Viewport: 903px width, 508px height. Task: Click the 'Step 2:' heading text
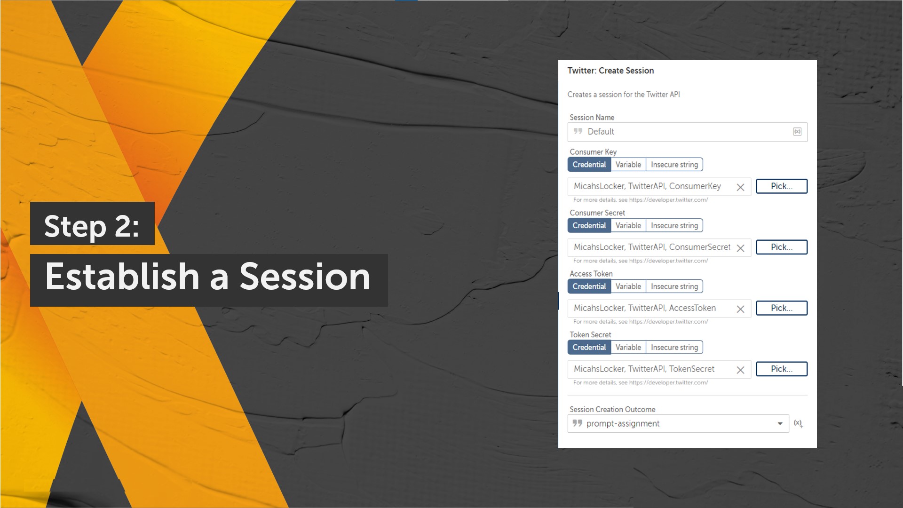pos(92,226)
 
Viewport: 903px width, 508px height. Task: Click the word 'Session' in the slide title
pos(305,277)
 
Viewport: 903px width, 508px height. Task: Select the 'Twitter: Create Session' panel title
pos(610,71)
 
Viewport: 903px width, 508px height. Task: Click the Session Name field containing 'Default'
pos(687,132)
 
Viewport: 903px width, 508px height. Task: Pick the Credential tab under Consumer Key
pos(589,165)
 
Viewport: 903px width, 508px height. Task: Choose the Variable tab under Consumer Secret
pos(628,225)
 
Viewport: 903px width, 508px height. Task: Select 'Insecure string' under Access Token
pos(674,286)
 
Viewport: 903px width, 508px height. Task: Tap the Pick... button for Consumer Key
pos(782,186)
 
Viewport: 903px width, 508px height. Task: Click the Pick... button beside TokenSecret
pos(782,369)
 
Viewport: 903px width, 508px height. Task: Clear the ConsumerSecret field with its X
pos(740,248)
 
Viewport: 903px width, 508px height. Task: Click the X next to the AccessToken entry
pos(740,309)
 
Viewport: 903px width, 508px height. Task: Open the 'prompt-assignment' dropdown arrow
pos(780,424)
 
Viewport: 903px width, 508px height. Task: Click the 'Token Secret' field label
pos(590,335)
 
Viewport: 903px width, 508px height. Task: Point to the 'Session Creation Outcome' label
pos(612,410)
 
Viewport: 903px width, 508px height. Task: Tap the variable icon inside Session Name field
pos(797,132)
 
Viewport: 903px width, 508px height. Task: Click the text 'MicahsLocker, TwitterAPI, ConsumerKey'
pos(647,186)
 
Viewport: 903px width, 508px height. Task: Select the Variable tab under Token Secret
pos(628,347)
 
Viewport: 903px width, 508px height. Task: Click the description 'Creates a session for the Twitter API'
pos(624,95)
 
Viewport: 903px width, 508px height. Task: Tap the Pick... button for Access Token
pos(782,308)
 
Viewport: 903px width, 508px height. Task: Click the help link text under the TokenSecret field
pos(641,383)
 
